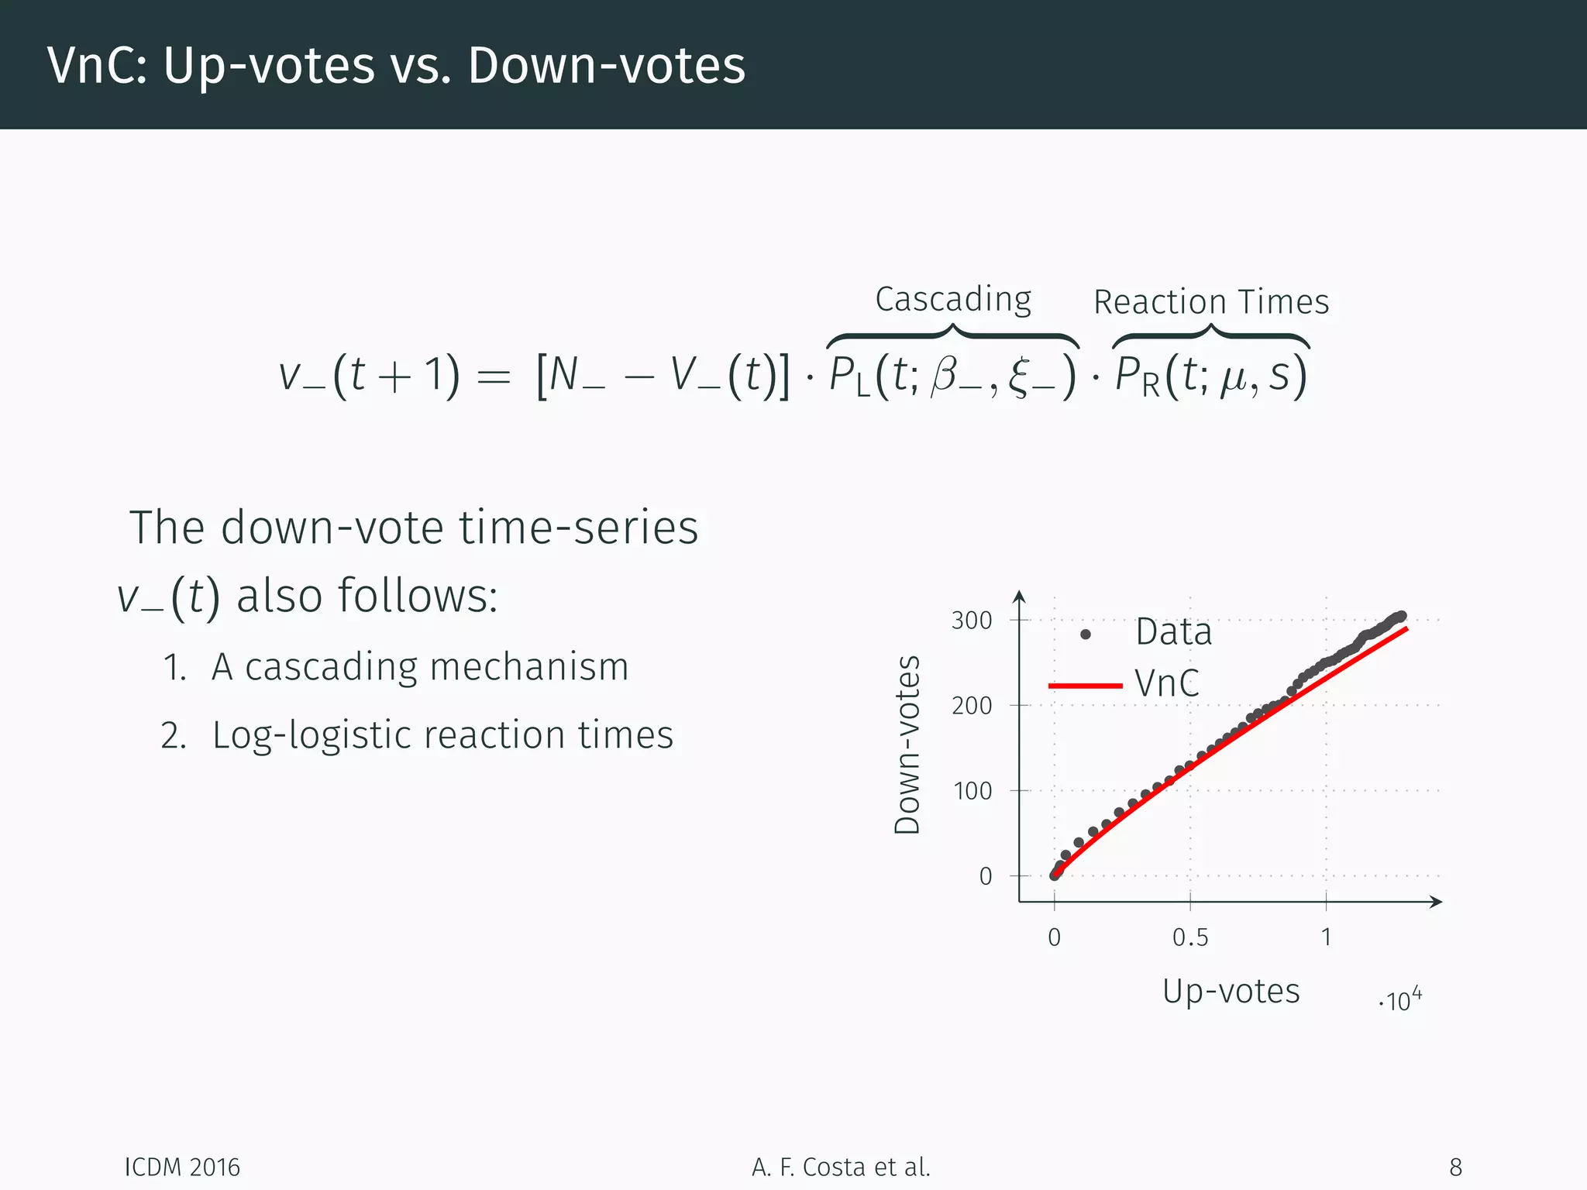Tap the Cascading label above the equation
tap(953, 299)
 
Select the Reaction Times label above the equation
tap(1211, 301)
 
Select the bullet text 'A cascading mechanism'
tap(419, 666)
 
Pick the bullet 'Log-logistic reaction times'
tap(442, 734)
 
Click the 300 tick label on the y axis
tap(972, 621)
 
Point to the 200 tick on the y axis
tap(972, 706)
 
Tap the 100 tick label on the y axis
tap(972, 791)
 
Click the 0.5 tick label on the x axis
tap(1190, 937)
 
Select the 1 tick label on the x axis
tap(1326, 937)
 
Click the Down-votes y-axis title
tap(907, 745)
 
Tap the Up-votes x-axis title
tap(1231, 991)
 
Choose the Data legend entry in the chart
tap(1173, 632)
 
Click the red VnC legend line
tap(1085, 686)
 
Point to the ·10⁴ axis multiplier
tap(1401, 1000)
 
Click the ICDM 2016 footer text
tap(183, 1167)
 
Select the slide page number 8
tap(1455, 1167)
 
